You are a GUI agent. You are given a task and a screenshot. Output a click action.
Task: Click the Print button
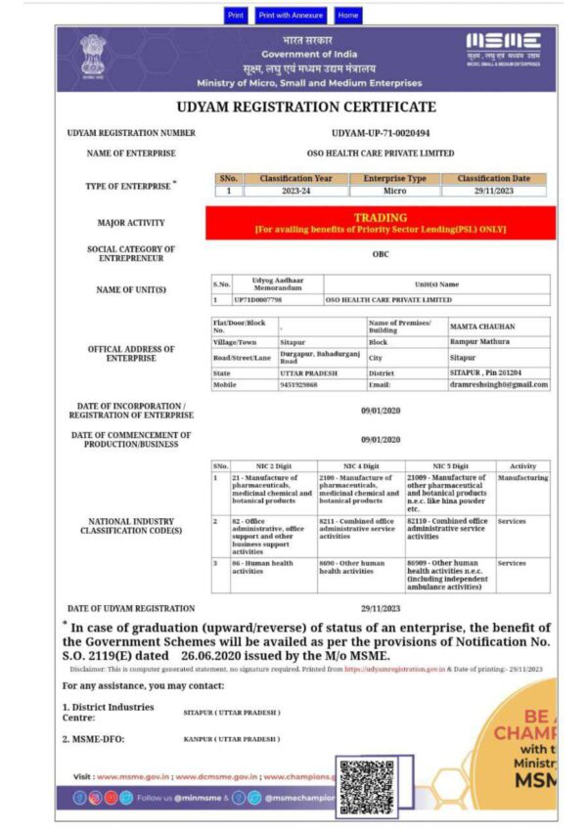point(236,16)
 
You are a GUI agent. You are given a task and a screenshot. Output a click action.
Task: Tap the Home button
point(348,16)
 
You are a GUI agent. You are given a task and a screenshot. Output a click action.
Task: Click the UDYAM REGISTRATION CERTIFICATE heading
point(306,107)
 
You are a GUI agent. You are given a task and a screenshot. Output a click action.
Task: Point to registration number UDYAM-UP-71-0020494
point(381,133)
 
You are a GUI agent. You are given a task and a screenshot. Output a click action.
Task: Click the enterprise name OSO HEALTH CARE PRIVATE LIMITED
point(381,153)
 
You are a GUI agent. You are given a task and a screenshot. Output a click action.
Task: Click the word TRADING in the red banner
point(381,218)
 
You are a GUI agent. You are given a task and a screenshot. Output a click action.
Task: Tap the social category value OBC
point(381,253)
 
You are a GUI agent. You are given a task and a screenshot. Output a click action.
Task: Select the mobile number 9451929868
point(299,384)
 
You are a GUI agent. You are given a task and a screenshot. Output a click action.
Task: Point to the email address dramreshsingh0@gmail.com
point(498,384)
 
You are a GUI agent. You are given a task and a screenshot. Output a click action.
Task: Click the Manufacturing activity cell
point(522,478)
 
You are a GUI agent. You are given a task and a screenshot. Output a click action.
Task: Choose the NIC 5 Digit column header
point(451,466)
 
